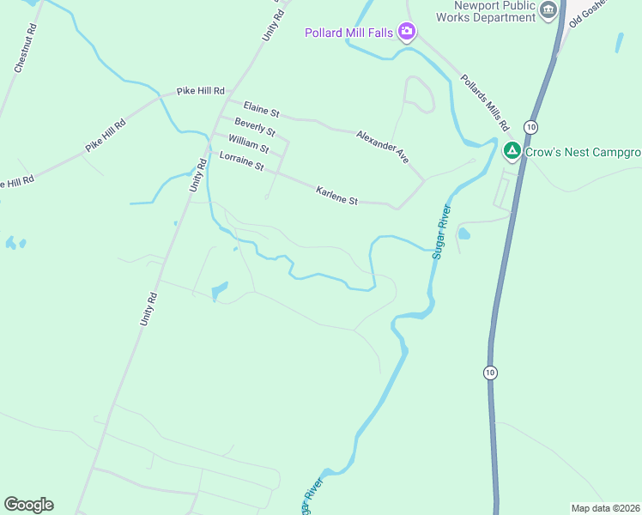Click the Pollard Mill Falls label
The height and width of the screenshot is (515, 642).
coord(348,33)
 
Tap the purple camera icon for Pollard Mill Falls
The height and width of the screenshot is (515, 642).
coord(407,33)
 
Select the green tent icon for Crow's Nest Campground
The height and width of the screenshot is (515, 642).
coord(512,152)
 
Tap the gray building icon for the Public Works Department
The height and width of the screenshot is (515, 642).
coord(549,10)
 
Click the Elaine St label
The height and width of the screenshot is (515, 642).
coord(262,111)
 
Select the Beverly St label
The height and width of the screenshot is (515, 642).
coord(254,127)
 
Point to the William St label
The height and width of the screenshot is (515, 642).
coord(249,142)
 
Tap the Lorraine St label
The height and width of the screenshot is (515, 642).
coord(241,161)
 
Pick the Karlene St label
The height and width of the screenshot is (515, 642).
coord(336,195)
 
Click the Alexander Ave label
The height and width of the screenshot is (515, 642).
coord(383,147)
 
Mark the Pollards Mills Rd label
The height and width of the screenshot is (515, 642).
coord(485,102)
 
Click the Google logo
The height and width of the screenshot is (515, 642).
coord(28,504)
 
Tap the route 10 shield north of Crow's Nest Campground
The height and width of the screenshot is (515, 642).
coord(532,127)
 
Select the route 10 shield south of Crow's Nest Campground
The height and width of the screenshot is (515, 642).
coord(489,372)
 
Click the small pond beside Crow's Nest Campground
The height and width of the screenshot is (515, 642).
coord(463,233)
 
